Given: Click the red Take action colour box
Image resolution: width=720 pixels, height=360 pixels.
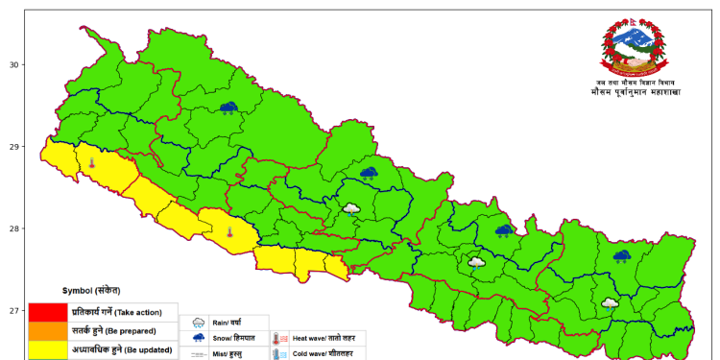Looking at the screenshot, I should [x=47, y=312].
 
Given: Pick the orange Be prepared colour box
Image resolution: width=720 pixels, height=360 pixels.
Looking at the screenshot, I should [x=47, y=330].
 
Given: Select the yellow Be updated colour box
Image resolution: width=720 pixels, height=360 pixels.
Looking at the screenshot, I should [x=47, y=348].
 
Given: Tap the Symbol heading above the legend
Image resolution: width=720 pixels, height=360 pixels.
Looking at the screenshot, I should [x=91, y=290].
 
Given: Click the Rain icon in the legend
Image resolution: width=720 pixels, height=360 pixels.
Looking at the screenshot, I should [x=199, y=324].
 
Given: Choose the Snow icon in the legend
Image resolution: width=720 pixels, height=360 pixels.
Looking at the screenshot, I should [x=199, y=338].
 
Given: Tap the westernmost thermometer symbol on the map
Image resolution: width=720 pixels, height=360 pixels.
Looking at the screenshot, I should [x=91, y=164].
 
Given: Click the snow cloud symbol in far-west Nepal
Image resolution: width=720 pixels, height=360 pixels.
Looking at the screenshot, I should [x=228, y=108].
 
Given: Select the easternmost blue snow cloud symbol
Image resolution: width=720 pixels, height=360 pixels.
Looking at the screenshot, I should [x=621, y=256].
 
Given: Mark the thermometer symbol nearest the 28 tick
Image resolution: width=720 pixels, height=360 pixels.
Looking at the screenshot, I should [x=229, y=231].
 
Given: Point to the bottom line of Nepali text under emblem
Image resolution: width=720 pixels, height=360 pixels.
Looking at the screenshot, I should [x=636, y=92].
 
